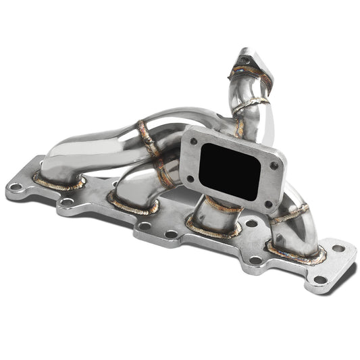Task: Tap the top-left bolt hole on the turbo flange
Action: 194,143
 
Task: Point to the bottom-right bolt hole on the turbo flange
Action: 267,203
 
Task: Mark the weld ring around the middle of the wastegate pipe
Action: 253,103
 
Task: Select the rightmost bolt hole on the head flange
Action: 338,248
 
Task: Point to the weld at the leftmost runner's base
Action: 59,183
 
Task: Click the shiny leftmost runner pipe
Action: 95,145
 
